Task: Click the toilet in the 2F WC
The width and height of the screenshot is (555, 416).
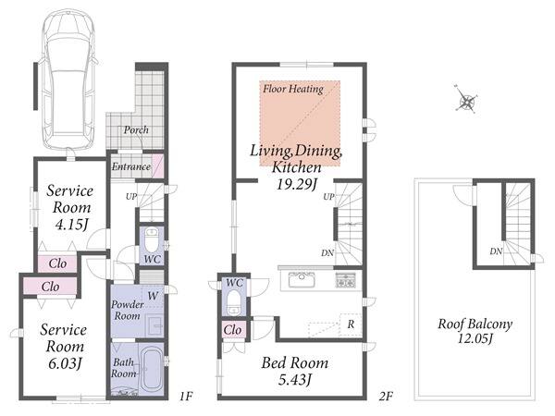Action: pos(234,301)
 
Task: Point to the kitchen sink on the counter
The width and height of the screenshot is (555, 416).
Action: pos(302,280)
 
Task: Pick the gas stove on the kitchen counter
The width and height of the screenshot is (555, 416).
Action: pos(344,280)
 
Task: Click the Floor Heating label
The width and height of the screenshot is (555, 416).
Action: pos(293,89)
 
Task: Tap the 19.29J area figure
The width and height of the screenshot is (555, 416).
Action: pos(296,184)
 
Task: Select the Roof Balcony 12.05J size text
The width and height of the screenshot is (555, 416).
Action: pos(475,339)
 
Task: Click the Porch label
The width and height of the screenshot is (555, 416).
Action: pos(136,130)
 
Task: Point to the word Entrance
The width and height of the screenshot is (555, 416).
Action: pos(131,166)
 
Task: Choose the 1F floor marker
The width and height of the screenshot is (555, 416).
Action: pos(186,396)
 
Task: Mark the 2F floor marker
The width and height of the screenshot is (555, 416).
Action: pos(386,396)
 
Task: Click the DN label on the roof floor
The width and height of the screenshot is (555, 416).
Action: pos(496,251)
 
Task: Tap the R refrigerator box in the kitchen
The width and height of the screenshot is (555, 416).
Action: pos(351,324)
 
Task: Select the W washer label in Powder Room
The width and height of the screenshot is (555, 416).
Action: pos(153,296)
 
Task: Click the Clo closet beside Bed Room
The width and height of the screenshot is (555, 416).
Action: pos(232,330)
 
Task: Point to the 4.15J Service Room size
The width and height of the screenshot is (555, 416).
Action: pos(71,225)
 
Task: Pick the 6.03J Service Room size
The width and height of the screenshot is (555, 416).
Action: pos(65,363)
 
